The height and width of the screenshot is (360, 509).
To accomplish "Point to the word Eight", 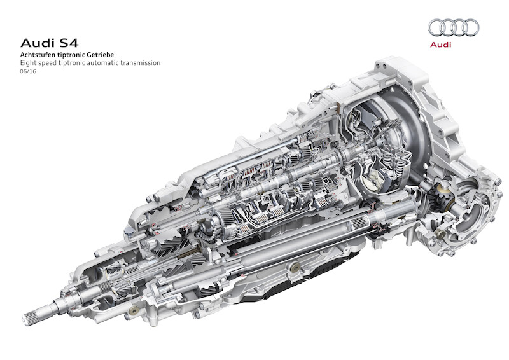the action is [x=27, y=63].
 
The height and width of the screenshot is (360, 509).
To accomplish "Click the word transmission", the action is [x=140, y=63].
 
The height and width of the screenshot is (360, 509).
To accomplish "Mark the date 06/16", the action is [x=28, y=71].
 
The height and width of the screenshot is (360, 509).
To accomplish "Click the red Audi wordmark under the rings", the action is [x=440, y=45].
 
